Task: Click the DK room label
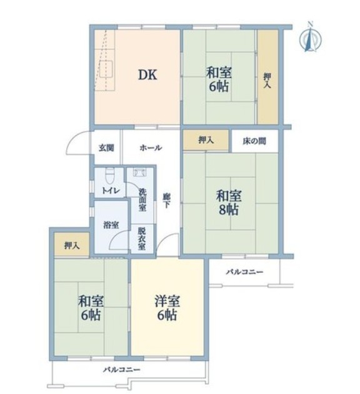(x=148, y=74)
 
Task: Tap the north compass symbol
(x=310, y=38)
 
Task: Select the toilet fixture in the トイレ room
(x=109, y=176)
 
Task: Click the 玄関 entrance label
(x=106, y=148)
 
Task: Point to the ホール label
(x=151, y=148)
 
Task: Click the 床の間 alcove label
(x=254, y=141)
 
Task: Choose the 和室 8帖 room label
(x=229, y=203)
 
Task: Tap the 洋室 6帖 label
(x=167, y=308)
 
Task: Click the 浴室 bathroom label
(x=111, y=225)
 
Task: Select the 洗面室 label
(x=142, y=200)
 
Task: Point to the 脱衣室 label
(x=142, y=238)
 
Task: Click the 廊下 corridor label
(x=166, y=201)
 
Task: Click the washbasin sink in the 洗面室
(x=139, y=172)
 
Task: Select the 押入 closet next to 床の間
(x=206, y=140)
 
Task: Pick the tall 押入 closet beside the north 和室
(x=267, y=77)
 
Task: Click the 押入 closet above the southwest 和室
(x=72, y=245)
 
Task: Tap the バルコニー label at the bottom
(x=122, y=370)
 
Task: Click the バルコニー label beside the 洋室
(x=245, y=271)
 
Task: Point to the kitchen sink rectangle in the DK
(x=106, y=69)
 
